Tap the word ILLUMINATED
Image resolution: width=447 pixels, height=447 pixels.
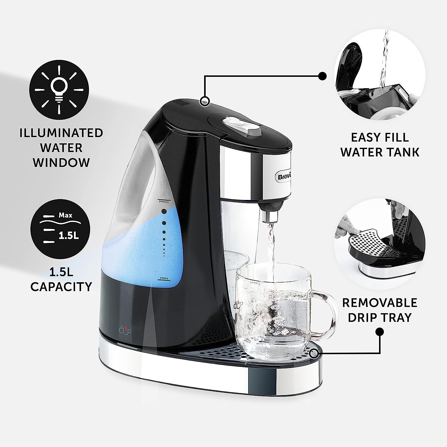[61, 133]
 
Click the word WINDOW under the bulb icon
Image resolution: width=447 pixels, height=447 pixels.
[61, 163]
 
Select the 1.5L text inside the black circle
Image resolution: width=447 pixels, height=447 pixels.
[69, 235]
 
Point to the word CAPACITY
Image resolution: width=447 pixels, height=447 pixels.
[61, 287]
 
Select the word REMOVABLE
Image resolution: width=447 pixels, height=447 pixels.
[380, 303]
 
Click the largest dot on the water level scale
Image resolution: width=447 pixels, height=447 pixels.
[164, 212]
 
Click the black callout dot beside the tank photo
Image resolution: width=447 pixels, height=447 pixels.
[322, 76]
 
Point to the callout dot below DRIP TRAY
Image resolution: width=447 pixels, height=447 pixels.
[380, 331]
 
